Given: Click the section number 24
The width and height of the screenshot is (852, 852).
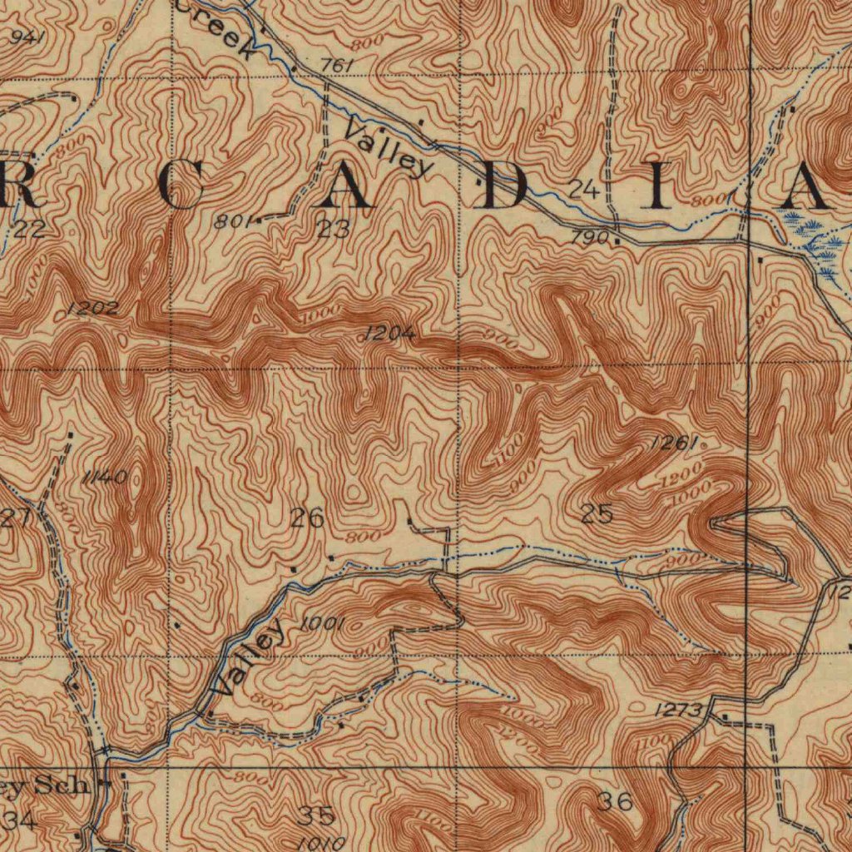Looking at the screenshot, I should point(584,190).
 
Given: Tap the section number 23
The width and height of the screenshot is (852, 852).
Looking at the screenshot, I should point(333,229).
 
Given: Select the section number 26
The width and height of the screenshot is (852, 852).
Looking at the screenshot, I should point(307,519).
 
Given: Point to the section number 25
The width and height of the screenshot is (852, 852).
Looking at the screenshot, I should point(597,515).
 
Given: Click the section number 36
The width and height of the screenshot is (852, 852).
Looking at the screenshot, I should point(615,802).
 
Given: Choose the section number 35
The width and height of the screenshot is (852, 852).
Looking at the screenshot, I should point(316,815).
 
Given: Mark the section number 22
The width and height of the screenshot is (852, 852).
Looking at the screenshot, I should point(29,230).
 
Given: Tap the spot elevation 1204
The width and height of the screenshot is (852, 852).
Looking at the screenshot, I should point(389,334).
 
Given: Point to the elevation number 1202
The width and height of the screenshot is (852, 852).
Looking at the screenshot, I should point(93,309).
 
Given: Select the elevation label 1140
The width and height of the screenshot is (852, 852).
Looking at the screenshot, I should point(105,477).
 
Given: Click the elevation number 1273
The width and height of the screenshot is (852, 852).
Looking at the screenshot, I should point(679,710).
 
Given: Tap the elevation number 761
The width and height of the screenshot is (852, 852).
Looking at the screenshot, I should point(337,66).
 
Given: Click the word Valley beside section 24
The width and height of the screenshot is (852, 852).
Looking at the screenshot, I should point(389,147).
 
